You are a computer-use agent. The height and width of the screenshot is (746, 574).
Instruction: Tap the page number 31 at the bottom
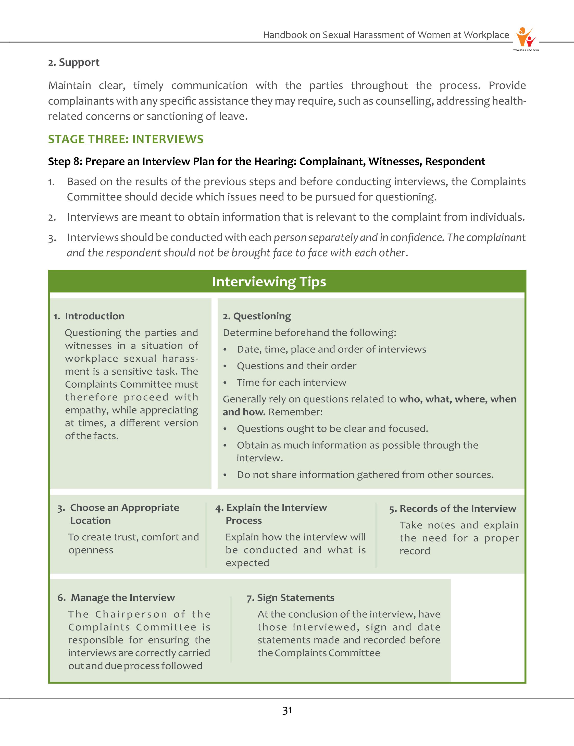[x=287, y=710]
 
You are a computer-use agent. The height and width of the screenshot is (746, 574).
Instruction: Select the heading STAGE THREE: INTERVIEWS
[x=126, y=139]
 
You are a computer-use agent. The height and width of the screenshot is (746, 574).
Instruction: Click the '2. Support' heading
[x=74, y=62]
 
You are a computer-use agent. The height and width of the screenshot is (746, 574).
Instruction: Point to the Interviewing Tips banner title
[x=269, y=282]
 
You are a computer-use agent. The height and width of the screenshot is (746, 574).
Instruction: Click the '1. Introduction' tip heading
[x=89, y=316]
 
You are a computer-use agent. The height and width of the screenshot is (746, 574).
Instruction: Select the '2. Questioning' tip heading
[x=257, y=316]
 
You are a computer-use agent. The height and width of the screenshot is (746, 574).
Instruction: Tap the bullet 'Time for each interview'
[x=291, y=382]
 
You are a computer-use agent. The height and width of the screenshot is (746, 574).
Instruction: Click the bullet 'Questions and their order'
[x=296, y=366]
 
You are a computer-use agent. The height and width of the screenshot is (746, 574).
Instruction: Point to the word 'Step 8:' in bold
[x=65, y=161]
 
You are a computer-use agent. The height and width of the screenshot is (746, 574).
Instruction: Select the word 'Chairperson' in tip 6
[x=131, y=614]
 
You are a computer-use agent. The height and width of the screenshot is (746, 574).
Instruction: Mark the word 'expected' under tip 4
[x=247, y=563]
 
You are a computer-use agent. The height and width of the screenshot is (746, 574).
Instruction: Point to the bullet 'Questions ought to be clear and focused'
[x=332, y=429]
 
